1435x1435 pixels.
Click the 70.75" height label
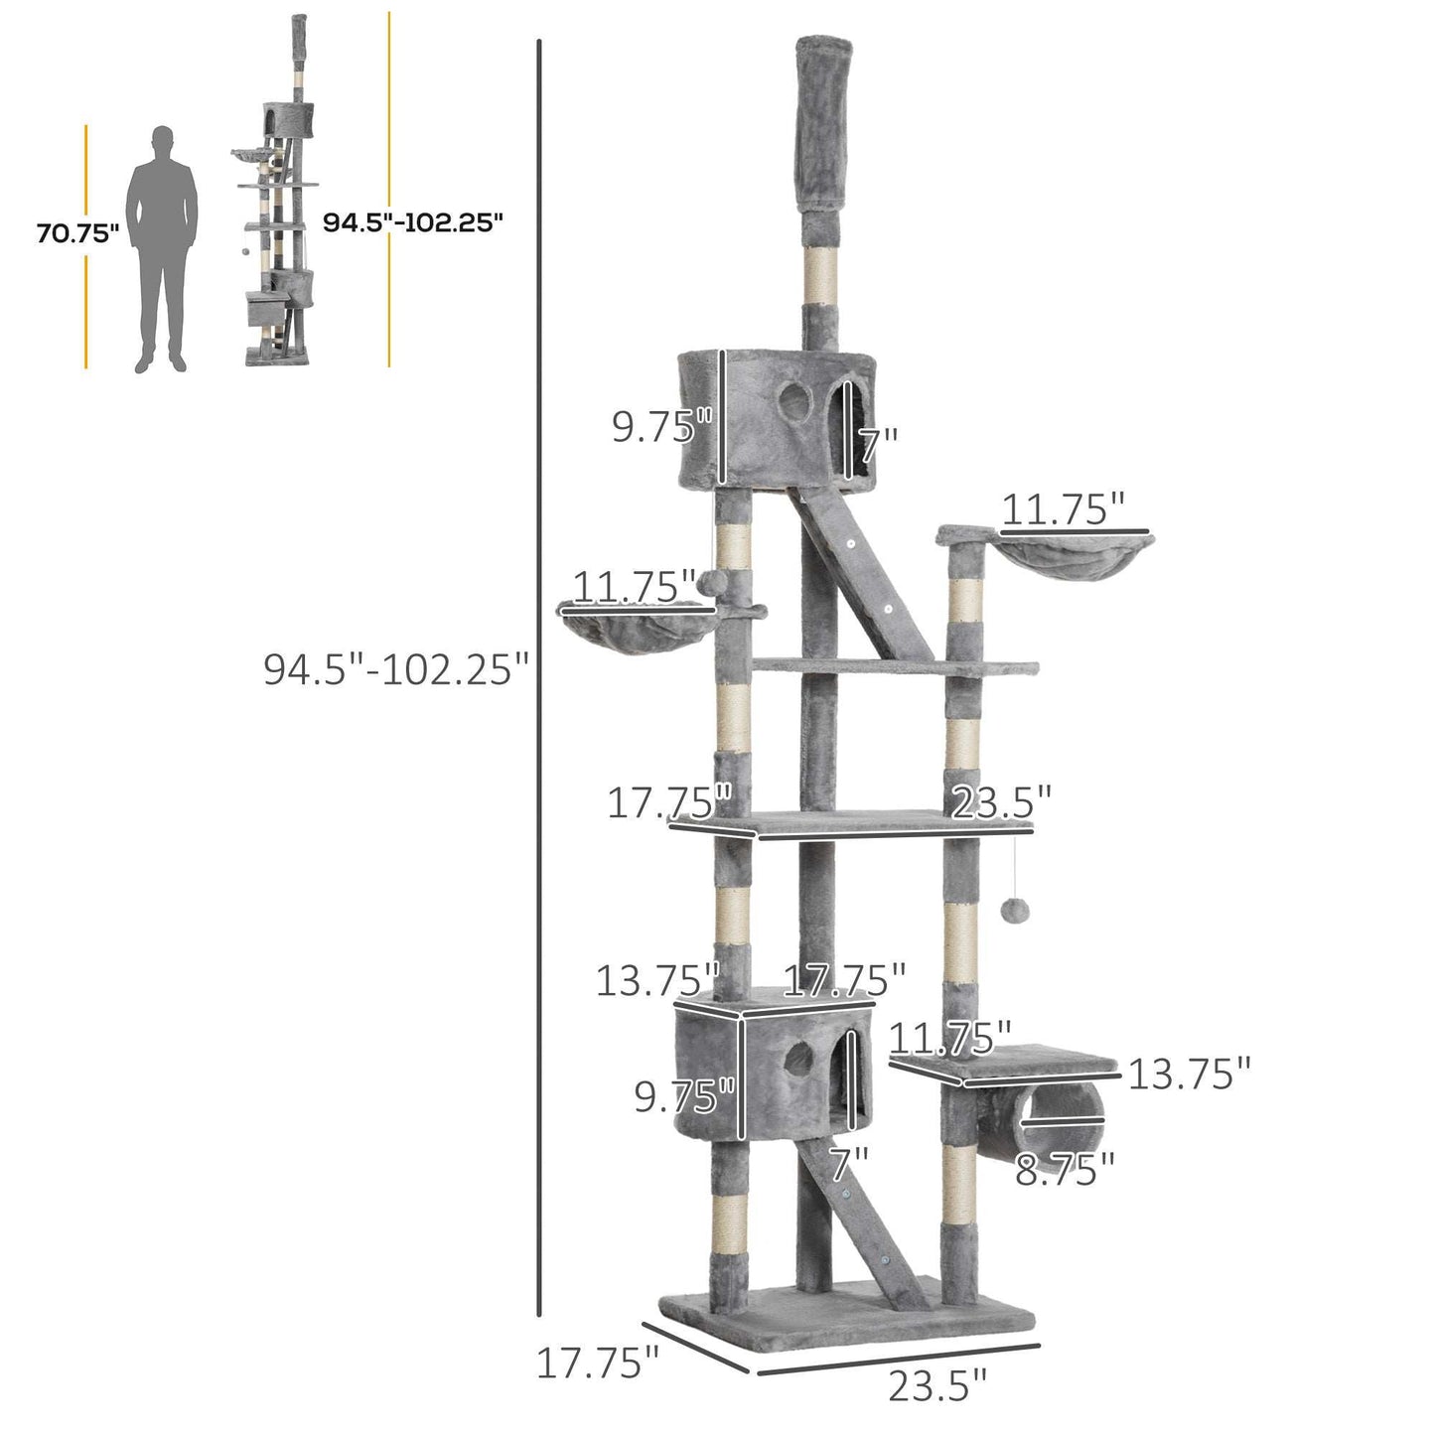[77, 234]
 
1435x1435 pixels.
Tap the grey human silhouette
[163, 249]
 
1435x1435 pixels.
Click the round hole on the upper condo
[793, 401]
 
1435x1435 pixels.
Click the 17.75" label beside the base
[597, 1363]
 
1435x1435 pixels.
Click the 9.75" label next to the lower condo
[685, 1097]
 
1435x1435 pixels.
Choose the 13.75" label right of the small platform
[1189, 1074]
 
